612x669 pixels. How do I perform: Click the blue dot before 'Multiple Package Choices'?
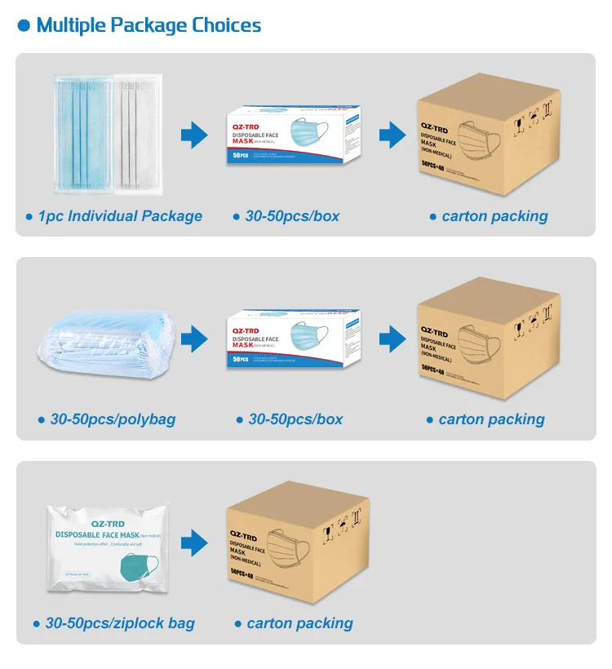point(24,26)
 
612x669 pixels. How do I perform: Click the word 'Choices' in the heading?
point(227,25)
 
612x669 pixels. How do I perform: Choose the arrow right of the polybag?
point(195,338)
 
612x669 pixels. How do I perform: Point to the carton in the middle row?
point(488,336)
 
